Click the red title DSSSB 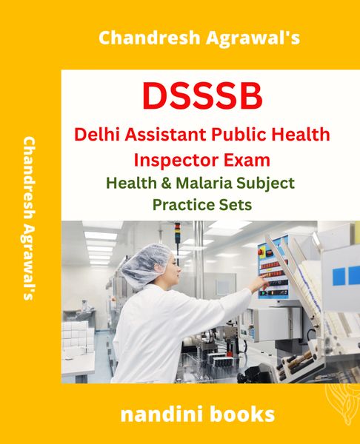click(202, 95)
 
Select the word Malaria click(204, 183)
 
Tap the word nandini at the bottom click(159, 414)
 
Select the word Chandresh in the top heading click(150, 38)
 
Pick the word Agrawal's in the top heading click(253, 38)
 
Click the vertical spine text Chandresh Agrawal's click(29, 218)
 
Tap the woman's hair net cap click(144, 263)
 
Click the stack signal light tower click(178, 233)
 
